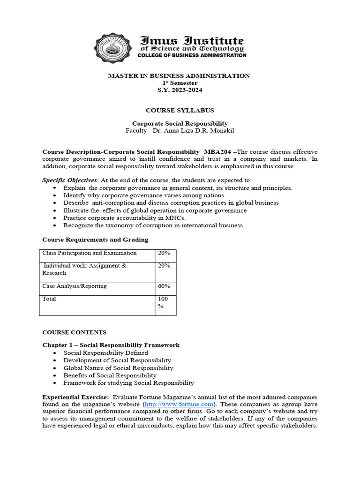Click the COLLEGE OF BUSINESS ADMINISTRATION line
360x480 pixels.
pos(191,55)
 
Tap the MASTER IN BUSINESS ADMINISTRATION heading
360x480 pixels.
pos(179,76)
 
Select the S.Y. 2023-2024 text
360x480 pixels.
pos(180,90)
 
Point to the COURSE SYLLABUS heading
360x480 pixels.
pos(180,111)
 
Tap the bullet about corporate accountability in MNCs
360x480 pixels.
pos(125,218)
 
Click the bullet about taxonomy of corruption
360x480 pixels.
pos(154,225)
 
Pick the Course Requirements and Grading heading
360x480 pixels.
pos(95,240)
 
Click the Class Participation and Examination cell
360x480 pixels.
pos(90,253)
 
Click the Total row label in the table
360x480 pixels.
pos(49,299)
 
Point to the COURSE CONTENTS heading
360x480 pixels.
pos(74,332)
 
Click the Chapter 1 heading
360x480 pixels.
pos(111,345)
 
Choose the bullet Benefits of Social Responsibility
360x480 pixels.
pos(110,375)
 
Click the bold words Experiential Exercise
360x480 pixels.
pos(75,397)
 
